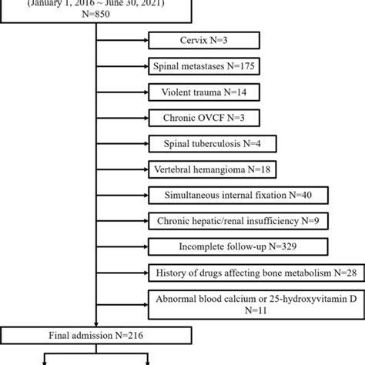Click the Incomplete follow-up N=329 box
coord(218,246)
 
